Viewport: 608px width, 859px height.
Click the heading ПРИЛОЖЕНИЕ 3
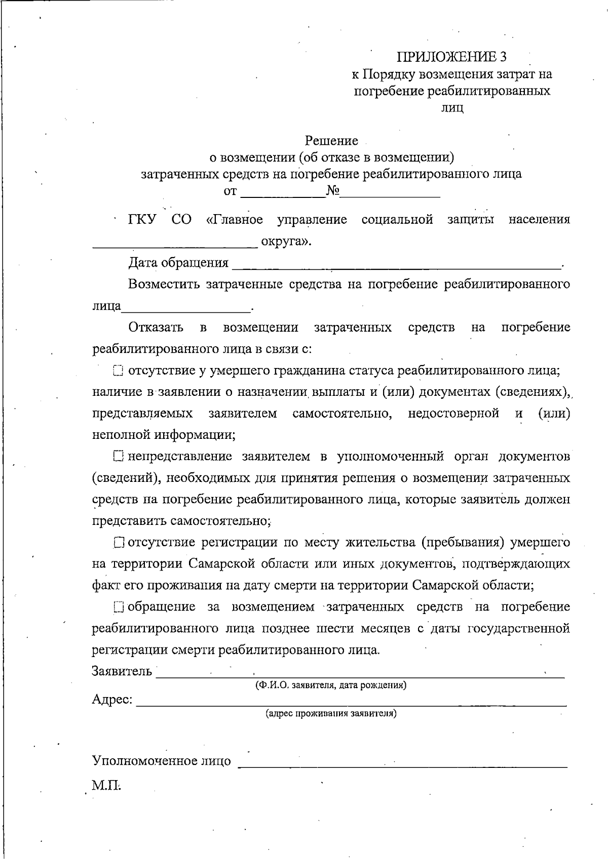click(x=451, y=56)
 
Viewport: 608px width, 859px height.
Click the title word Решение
click(x=332, y=140)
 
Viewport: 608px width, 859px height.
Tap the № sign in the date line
click(x=333, y=191)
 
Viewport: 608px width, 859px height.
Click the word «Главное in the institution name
click(x=235, y=220)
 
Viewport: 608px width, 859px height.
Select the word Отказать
click(x=156, y=328)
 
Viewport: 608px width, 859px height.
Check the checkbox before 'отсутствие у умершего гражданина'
click(x=118, y=371)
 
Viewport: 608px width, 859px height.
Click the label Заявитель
click(x=122, y=671)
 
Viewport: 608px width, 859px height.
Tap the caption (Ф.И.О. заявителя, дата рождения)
click(x=330, y=685)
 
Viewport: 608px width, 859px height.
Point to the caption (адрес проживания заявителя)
click(x=331, y=714)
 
